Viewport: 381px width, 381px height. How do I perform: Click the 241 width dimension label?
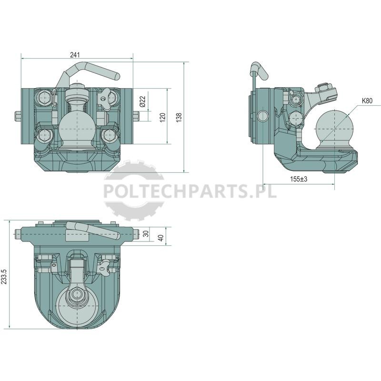click(75, 55)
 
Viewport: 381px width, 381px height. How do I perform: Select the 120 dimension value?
click(162, 117)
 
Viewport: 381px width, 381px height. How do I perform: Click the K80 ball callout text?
click(367, 100)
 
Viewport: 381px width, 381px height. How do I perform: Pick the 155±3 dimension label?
click(299, 179)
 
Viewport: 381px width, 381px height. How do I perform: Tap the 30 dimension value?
click(146, 234)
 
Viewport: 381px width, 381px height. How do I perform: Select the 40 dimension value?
click(161, 238)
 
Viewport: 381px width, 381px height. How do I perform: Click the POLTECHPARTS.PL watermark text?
click(190, 191)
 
